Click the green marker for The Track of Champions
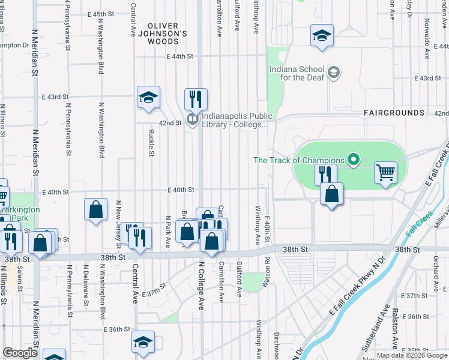[x=354, y=160]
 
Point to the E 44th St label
[x=182, y=56]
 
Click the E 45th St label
[x=100, y=13]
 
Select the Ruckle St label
[x=149, y=144]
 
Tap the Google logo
[x=20, y=353]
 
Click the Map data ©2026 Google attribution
[x=411, y=356]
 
